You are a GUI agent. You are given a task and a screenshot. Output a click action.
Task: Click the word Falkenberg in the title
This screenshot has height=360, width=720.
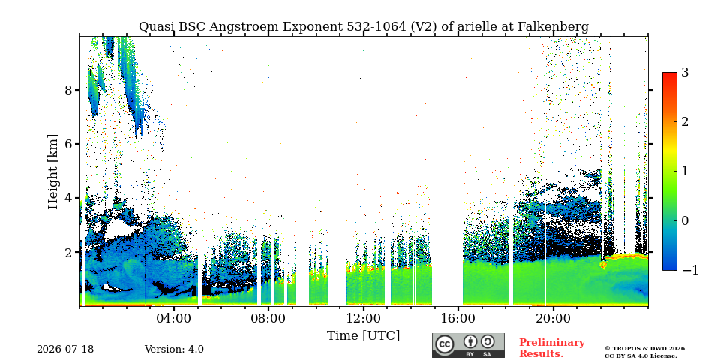[553, 27]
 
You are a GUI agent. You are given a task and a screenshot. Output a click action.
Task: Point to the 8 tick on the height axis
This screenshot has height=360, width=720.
[68, 89]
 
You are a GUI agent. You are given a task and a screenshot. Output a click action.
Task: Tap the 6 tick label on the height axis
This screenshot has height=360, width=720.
[68, 144]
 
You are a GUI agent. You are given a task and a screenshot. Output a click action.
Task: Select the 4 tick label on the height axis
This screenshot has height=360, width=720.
[68, 198]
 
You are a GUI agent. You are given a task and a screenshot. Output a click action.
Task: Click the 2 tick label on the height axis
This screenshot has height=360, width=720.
[68, 252]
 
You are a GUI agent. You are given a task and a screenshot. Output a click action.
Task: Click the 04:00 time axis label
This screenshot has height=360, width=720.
[173, 318]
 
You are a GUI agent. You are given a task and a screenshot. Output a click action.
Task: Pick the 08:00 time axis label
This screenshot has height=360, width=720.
[268, 318]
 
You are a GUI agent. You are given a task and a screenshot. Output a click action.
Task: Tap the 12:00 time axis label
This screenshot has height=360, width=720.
[363, 318]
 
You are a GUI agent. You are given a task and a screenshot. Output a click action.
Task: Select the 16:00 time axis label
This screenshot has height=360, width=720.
[457, 318]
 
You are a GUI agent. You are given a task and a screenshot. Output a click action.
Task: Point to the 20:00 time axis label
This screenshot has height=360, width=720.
[552, 318]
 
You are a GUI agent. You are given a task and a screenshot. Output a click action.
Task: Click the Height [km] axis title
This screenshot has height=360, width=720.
[53, 172]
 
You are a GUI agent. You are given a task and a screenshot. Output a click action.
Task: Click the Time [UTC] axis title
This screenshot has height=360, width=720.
[363, 336]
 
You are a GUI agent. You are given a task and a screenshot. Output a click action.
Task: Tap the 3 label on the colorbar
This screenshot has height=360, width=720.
[685, 72]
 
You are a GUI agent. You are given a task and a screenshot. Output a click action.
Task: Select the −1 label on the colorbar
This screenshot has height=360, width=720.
[690, 270]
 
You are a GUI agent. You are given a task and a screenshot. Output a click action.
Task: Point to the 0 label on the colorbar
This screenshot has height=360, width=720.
[685, 220]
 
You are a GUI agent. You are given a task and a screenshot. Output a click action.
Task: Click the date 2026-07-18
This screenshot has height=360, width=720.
[65, 349]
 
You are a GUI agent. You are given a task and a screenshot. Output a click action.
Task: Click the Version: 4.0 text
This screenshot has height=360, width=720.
[174, 349]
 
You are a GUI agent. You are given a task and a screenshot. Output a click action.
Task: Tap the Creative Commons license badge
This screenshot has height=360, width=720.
[468, 345]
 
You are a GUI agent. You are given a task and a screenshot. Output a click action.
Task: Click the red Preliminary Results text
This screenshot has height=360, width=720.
[552, 347]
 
